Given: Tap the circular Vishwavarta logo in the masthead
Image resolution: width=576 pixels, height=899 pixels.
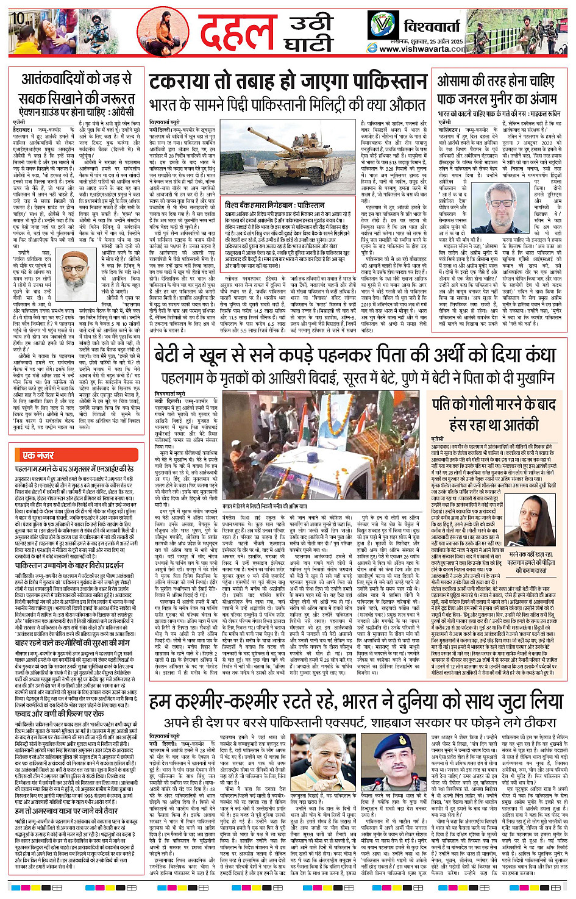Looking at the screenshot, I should tap(383, 26).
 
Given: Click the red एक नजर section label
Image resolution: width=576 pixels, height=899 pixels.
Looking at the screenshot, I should tap(38, 455).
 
